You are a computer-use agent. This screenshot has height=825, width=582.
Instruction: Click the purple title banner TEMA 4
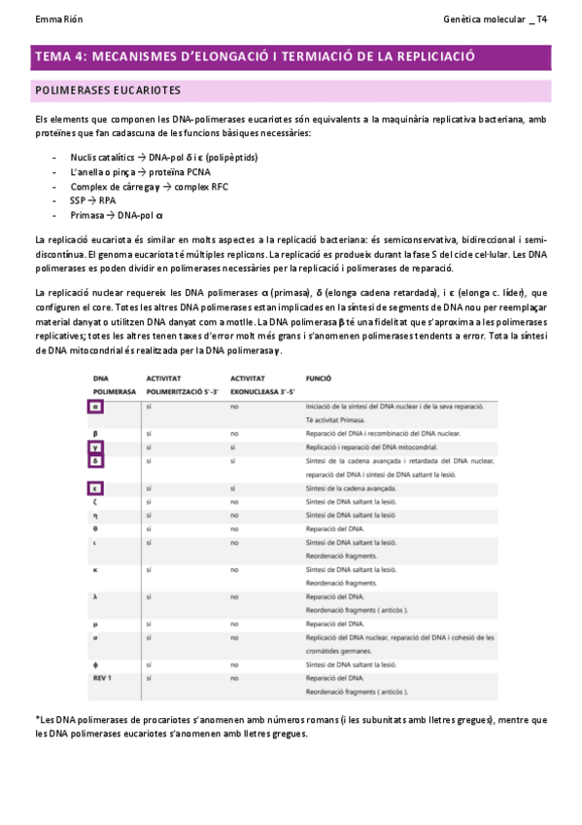click(x=255, y=56)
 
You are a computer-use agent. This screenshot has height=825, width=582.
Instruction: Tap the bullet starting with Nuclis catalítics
click(x=163, y=158)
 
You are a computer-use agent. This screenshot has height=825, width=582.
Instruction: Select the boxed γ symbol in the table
click(x=96, y=448)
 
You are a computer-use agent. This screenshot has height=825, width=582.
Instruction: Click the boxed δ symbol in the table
click(x=96, y=461)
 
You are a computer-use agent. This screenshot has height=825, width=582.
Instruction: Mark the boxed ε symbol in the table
click(x=96, y=488)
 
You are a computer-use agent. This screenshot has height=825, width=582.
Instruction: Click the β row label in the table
click(x=96, y=433)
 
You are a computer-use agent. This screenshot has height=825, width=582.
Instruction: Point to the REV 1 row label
click(x=103, y=677)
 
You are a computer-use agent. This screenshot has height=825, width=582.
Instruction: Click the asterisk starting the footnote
click(x=37, y=718)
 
